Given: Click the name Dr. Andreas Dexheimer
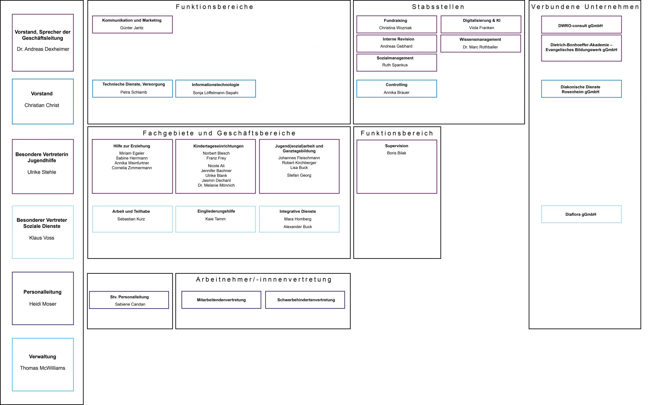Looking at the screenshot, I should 43,49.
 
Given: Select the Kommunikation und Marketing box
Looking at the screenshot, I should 132,25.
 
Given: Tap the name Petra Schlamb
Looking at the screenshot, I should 133,92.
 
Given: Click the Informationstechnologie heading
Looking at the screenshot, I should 215,85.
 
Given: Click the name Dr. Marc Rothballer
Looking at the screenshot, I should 480,47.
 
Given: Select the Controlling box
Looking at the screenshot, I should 397,89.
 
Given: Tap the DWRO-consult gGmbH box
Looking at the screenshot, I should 581,25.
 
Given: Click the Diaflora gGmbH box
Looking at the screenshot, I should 581,214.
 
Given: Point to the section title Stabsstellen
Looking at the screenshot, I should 438,7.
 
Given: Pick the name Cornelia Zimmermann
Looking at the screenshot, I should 132,168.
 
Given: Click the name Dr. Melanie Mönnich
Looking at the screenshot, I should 216,185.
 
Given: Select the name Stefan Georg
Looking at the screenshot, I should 299,175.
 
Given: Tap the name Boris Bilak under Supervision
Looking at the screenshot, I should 397,153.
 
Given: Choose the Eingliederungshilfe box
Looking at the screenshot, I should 215,219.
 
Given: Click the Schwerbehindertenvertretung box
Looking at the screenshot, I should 305,300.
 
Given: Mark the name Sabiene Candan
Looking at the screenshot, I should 130,304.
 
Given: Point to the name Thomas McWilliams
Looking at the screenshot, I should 42,368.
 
